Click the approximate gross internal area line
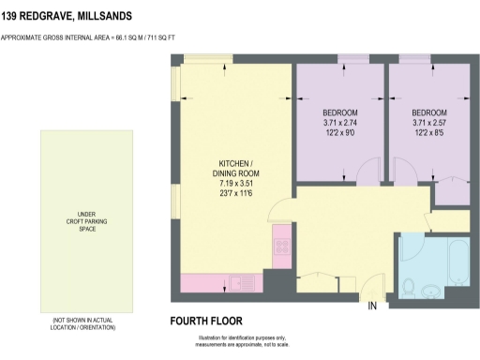(101, 37)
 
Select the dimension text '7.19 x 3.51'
(232, 183)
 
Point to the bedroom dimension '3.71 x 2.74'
(339, 123)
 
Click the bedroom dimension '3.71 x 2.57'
(428, 123)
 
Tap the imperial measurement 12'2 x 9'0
(339, 132)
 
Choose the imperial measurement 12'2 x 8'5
(428, 132)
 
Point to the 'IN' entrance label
(372, 307)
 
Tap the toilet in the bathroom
(409, 286)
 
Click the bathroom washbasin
(431, 290)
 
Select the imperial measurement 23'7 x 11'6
(232, 193)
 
